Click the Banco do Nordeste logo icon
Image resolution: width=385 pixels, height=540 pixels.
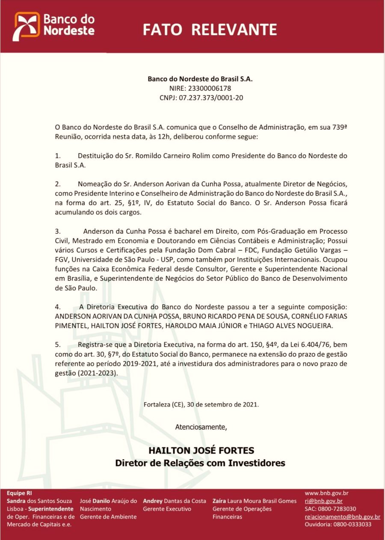[27, 27]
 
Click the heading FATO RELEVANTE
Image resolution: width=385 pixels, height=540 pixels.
[210, 30]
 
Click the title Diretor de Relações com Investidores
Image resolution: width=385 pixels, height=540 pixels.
[200, 463]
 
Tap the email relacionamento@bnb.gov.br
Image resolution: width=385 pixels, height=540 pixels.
[342, 516]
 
